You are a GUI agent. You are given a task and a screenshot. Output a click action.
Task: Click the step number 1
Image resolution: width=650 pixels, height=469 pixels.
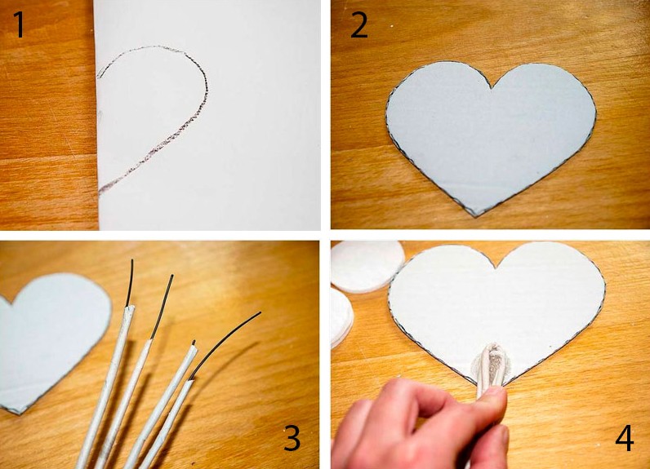coord(20,24)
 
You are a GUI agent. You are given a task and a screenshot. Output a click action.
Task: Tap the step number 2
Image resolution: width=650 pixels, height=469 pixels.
coord(359,24)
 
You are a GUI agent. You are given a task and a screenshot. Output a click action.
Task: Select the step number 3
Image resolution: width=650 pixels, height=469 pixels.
coord(292,438)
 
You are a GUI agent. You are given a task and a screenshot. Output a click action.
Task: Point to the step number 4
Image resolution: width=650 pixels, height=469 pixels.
coord(625,438)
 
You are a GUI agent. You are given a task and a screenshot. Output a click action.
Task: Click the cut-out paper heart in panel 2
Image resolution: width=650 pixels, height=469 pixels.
coord(492,136)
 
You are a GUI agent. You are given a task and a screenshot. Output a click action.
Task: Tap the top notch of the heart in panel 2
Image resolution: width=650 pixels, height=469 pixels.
coord(492,88)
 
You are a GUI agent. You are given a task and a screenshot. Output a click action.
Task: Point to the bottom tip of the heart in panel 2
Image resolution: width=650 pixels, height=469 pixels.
coord(475,216)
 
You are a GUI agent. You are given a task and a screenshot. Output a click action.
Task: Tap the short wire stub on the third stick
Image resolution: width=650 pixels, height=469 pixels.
coord(194,343)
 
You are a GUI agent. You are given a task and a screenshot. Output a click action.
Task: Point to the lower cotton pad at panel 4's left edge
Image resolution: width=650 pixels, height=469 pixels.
coord(341,316)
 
